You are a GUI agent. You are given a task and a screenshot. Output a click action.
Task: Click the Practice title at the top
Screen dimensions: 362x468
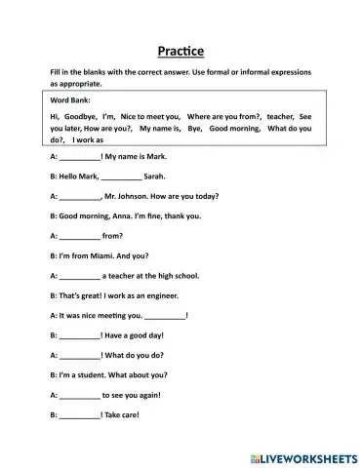click(181, 51)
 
